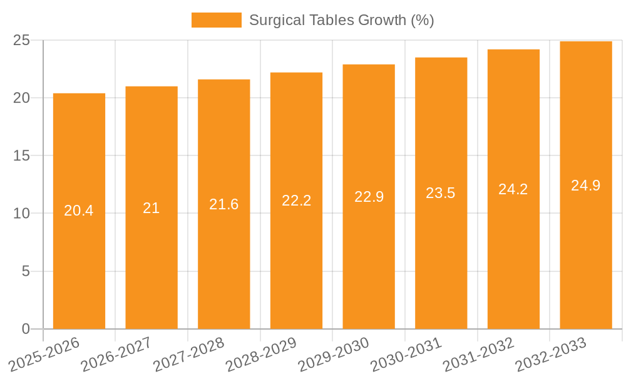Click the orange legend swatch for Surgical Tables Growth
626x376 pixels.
tap(216, 20)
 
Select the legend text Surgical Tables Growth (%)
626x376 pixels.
tap(341, 20)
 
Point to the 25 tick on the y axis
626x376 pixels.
tap(21, 40)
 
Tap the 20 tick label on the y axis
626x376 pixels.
tap(21, 98)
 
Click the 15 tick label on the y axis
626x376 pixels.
tap(21, 155)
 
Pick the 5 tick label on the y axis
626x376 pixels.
tap(26, 271)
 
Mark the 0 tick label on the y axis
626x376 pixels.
tap(26, 329)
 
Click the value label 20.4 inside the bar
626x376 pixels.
tap(79, 211)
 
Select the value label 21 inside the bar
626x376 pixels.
tap(151, 208)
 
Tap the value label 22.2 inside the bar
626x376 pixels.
tap(296, 201)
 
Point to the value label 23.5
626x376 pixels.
tap(441, 193)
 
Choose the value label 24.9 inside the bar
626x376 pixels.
tap(585, 185)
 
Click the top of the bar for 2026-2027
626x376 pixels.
tap(151, 87)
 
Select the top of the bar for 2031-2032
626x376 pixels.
tap(513, 50)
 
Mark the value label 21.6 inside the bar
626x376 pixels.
tap(223, 204)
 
